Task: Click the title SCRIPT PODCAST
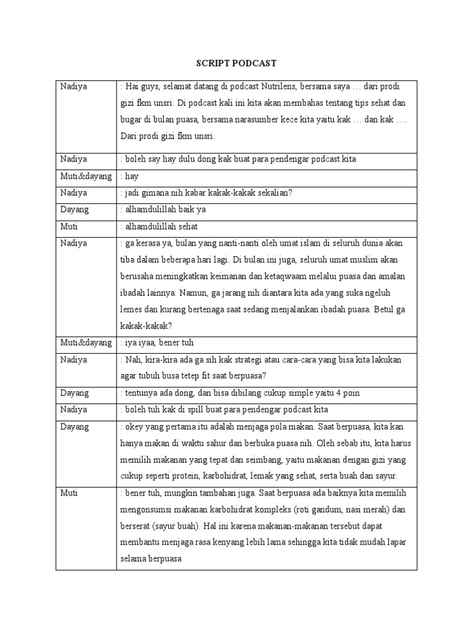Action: point(236,63)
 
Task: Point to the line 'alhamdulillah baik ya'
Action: point(166,210)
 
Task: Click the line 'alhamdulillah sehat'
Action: point(161,226)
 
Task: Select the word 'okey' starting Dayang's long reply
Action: point(133,426)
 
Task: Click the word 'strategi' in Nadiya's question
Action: point(253,359)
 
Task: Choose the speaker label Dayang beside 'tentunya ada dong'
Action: point(75,393)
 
